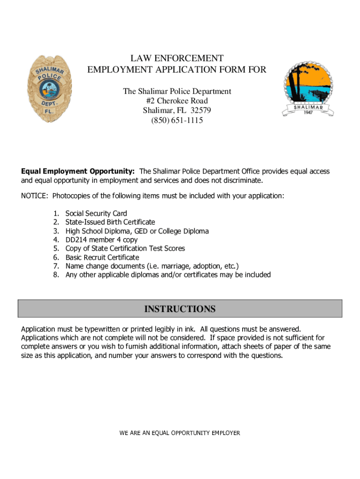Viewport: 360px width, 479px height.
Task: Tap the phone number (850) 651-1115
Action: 177,121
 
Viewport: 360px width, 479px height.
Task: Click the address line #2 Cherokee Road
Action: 177,101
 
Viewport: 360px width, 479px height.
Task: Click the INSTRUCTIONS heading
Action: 180,309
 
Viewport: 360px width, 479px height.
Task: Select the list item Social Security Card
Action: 96,213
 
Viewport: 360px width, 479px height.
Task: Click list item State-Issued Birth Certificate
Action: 110,222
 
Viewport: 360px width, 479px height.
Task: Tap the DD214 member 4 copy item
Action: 101,239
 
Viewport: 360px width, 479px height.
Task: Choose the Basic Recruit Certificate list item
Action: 102,257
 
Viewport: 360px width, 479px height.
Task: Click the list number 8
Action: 56,275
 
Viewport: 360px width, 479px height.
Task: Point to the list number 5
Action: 56,248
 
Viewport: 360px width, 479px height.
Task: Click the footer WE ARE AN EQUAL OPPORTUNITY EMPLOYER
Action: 180,433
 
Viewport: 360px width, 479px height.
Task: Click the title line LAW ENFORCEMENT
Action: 177,58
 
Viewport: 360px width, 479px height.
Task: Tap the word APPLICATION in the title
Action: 198,70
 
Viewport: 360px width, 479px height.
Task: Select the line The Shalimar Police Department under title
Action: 177,91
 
